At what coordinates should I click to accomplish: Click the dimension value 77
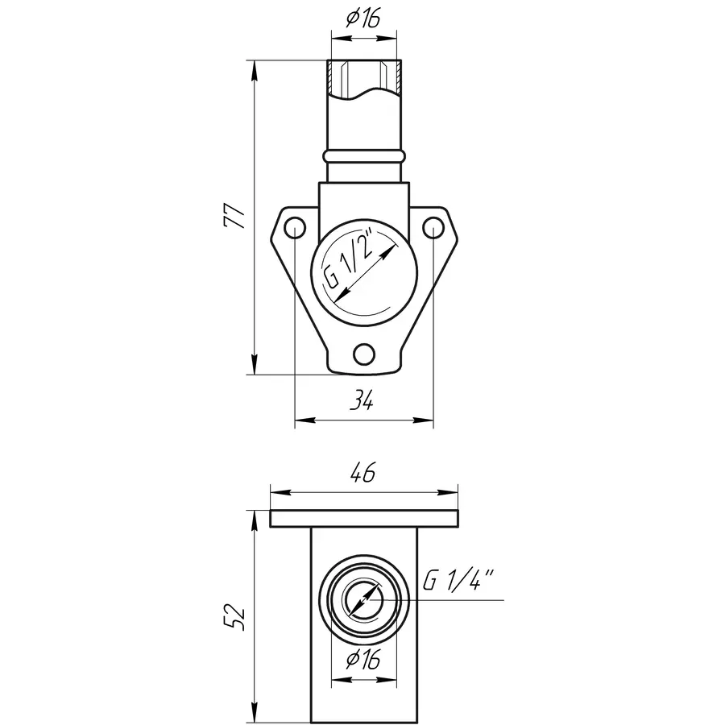pos(234,216)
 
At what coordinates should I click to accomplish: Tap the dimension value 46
pos(363,474)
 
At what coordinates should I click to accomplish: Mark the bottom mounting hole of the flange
pos(364,354)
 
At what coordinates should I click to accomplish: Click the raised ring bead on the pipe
pos(364,155)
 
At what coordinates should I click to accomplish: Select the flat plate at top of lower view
pos(364,520)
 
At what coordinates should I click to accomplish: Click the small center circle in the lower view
pos(364,601)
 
